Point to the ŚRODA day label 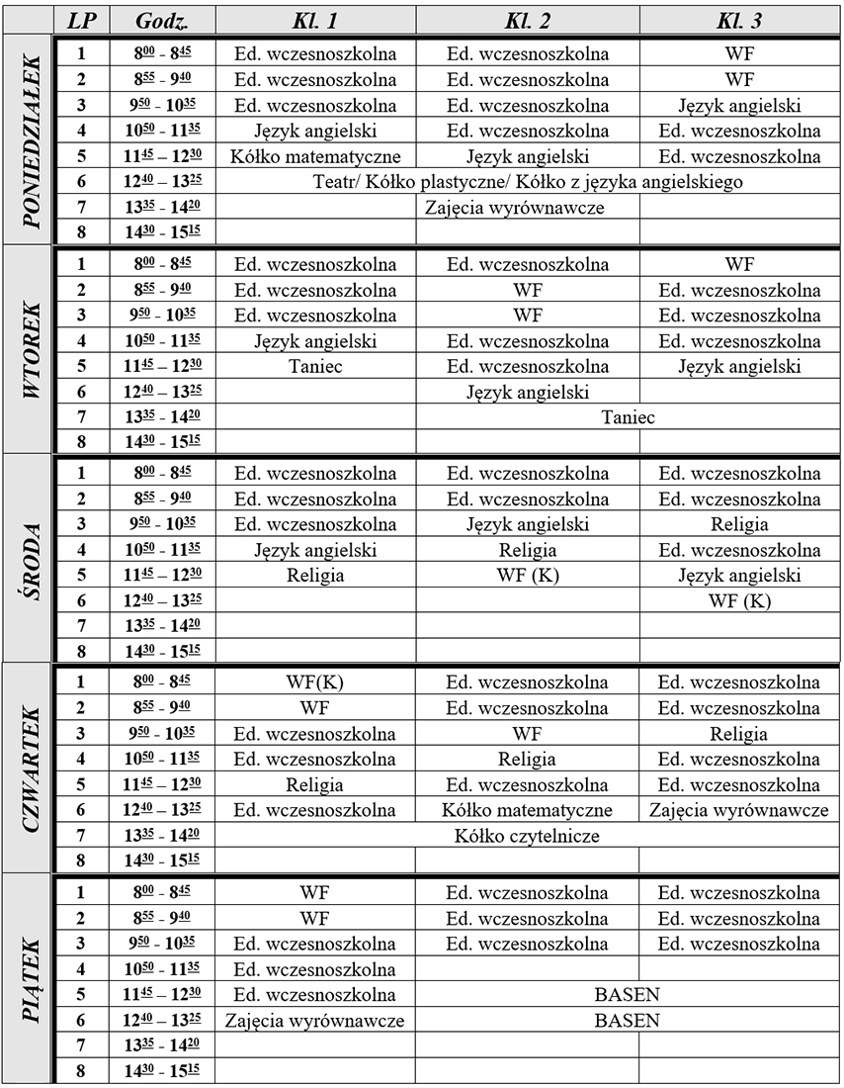[28, 559]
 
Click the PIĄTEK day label [28, 978]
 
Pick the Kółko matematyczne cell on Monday [315, 156]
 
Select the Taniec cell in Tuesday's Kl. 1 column [315, 367]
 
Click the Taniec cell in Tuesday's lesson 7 [628, 417]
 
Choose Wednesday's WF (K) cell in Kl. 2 [527, 576]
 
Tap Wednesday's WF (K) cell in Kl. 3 [739, 600]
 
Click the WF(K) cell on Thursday [315, 682]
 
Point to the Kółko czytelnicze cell [527, 836]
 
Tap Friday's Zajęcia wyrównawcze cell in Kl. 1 [315, 1021]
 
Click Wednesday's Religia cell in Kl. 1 [315, 576]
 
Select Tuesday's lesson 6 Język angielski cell [527, 393]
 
